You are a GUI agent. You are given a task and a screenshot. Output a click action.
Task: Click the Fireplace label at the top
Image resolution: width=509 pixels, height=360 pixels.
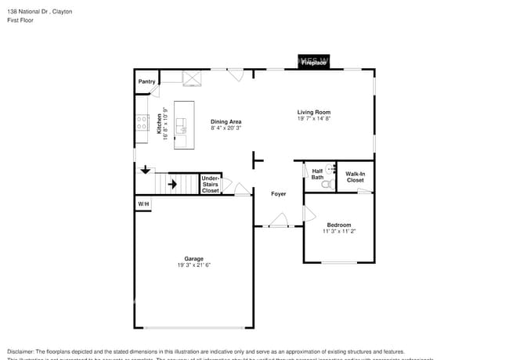tap(314, 63)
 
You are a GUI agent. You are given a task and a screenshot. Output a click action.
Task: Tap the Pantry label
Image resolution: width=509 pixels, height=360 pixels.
tap(146, 81)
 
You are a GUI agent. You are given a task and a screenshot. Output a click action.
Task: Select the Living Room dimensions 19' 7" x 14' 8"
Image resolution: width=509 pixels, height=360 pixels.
tap(313, 119)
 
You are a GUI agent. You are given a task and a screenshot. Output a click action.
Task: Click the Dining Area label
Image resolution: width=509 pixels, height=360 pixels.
tap(226, 121)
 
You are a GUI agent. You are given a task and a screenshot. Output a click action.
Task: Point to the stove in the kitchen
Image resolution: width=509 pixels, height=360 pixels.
tap(143, 122)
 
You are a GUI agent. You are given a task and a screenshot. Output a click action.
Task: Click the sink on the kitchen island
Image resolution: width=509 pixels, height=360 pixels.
tap(182, 123)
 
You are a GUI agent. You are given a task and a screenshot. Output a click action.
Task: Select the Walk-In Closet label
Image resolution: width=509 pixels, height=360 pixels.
tap(355, 177)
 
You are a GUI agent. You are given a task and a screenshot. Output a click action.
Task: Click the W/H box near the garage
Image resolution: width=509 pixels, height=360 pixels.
tap(143, 204)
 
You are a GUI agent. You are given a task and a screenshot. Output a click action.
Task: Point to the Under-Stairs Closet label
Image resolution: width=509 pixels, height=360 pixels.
tap(210, 184)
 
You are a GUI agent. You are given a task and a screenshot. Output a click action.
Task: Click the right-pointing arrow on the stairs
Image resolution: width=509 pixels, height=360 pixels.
tap(171, 185)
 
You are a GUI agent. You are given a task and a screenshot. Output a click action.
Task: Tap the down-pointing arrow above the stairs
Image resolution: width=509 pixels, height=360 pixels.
tap(145, 169)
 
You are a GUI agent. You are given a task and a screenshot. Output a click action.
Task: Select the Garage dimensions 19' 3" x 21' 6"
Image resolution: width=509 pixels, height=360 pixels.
tap(193, 265)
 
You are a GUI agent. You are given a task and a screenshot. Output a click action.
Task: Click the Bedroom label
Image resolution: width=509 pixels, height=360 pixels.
tap(338, 225)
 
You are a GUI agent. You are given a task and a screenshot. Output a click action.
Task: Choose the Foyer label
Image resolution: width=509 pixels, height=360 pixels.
tap(278, 193)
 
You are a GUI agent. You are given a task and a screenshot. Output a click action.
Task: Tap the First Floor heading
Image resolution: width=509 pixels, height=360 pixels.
tap(20, 21)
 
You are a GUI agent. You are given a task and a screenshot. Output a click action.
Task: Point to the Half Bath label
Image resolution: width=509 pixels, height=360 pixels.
tap(317, 174)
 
